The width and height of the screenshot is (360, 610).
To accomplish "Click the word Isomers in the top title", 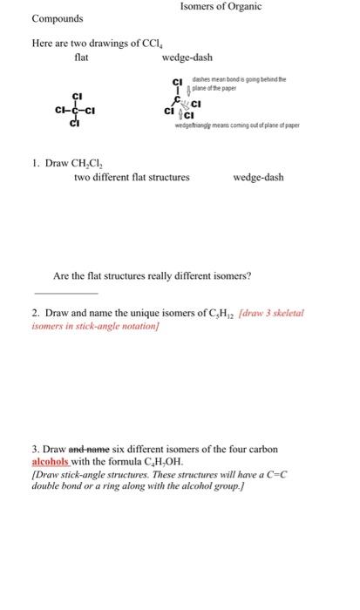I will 200,7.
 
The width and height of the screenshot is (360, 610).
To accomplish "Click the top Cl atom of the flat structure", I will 78,96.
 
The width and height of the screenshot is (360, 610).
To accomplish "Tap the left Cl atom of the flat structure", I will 61,111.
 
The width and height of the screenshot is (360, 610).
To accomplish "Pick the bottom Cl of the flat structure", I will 78,125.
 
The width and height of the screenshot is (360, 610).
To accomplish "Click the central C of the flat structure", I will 78,111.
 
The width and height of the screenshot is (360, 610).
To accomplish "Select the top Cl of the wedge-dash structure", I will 177,81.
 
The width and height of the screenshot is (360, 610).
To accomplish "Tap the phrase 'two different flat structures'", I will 132,177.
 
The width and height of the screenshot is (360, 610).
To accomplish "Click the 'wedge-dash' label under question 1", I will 259,177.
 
